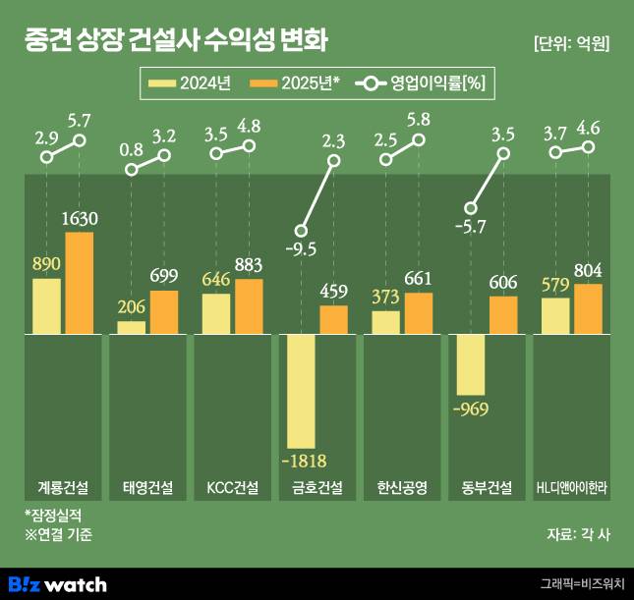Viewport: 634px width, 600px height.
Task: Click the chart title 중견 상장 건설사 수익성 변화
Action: (x=176, y=41)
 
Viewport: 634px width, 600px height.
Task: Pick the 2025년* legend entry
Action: (x=294, y=83)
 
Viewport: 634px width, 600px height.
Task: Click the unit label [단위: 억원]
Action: (x=571, y=43)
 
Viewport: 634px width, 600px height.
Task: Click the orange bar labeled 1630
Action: (x=79, y=283)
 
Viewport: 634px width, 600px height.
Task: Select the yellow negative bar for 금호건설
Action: (x=301, y=391)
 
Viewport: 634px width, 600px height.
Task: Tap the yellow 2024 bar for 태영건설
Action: (x=132, y=327)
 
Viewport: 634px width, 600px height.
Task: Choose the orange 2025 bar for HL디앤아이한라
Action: (x=588, y=308)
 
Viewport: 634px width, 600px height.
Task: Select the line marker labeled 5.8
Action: (x=420, y=140)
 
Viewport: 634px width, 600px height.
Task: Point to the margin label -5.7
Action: (x=472, y=227)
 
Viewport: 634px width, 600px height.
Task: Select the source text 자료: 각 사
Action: (x=578, y=534)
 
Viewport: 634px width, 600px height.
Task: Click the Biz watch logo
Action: (x=57, y=584)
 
